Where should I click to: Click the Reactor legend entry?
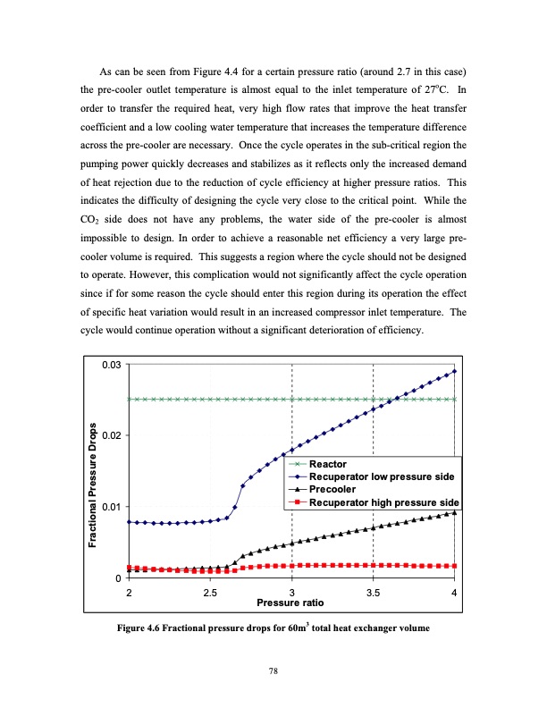(x=327, y=465)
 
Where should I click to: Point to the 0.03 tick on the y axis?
(x=112, y=364)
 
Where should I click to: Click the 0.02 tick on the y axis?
(x=112, y=435)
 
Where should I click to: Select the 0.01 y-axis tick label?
(x=112, y=507)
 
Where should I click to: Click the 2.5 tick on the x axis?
(x=211, y=594)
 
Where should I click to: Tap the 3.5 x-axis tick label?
(x=374, y=594)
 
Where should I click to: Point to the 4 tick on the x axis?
(x=455, y=594)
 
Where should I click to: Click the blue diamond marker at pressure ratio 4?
(x=455, y=371)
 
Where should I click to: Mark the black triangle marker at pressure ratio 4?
(x=455, y=512)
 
